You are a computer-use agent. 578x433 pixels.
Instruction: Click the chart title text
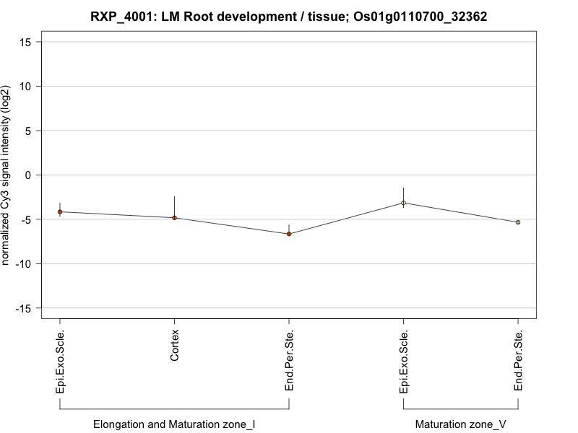[289, 16]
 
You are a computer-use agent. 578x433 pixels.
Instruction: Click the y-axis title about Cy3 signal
[7, 175]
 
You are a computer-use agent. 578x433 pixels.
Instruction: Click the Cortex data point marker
[174, 217]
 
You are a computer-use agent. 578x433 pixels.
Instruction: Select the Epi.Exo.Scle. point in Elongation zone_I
[60, 211]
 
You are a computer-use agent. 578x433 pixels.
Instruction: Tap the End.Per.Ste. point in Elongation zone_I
[289, 234]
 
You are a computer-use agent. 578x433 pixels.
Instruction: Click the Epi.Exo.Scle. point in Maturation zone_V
[404, 203]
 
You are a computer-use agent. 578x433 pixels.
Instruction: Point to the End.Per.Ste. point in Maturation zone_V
[518, 222]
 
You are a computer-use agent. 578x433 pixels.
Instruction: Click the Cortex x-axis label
[175, 346]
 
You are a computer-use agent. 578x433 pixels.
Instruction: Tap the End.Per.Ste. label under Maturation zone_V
[518, 362]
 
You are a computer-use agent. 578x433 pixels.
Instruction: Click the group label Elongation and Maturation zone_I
[174, 424]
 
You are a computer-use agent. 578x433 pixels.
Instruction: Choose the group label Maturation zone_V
[461, 424]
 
